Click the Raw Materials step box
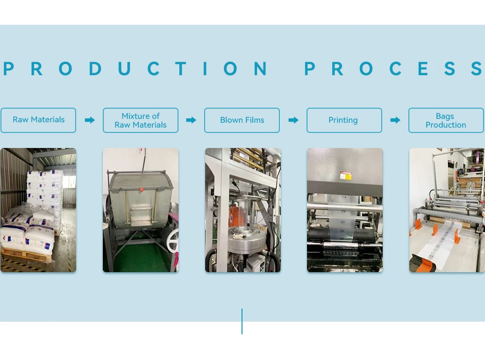(x=38, y=120)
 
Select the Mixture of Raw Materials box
(x=141, y=120)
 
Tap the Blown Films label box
(x=242, y=120)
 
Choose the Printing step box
(x=344, y=120)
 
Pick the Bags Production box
(x=446, y=120)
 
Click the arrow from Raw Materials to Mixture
(x=90, y=120)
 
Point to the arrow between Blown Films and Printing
(x=293, y=120)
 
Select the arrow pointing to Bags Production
(x=395, y=120)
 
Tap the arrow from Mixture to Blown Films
(x=191, y=120)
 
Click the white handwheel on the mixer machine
(x=173, y=240)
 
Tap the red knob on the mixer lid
(x=141, y=189)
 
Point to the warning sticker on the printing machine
(x=345, y=175)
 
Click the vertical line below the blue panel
(x=242, y=321)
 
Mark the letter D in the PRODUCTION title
(x=95, y=69)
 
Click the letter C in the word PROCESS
(x=395, y=69)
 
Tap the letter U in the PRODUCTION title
(x=124, y=69)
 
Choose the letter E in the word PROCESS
(x=423, y=69)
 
